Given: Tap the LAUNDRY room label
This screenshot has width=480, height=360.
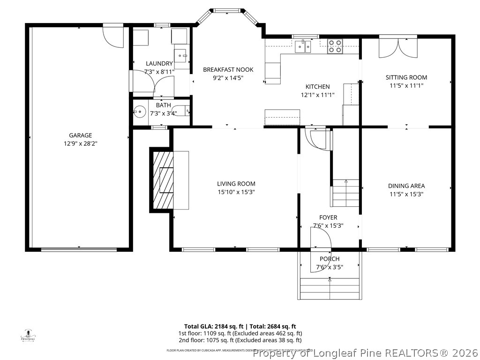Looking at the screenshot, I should [159, 64].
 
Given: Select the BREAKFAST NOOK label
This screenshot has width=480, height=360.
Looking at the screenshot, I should [223, 70].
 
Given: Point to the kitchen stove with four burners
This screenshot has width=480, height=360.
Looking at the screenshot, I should [335, 46].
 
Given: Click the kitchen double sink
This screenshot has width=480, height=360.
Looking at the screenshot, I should [303, 46].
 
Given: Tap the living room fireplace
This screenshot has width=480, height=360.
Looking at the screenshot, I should [162, 180].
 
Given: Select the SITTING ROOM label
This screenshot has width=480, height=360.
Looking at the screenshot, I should [406, 77].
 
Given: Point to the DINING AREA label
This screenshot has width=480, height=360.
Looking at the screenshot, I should [406, 186].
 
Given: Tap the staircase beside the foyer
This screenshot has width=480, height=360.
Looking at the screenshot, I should [345, 193].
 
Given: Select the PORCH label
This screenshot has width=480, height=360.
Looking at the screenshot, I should [330, 259].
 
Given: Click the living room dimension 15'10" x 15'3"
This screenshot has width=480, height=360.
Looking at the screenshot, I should [236, 192].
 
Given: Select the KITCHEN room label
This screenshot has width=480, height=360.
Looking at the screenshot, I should [317, 87].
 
